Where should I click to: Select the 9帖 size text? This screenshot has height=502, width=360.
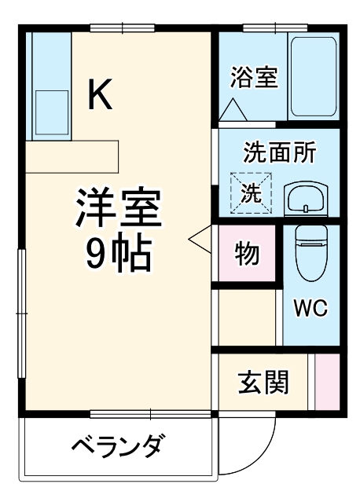click(118, 252)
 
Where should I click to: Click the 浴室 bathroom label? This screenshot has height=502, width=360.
click(254, 79)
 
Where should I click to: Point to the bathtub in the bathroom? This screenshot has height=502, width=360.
click(313, 75)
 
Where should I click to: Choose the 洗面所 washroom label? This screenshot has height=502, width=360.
click(279, 152)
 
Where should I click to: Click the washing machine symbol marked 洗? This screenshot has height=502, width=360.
click(251, 193)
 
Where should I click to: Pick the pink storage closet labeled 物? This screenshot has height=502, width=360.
click(247, 255)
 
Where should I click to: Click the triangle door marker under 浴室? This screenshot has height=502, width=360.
click(233, 111)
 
